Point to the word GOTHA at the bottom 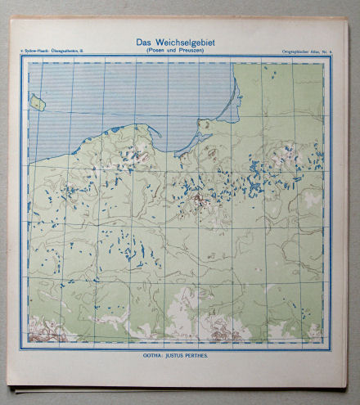[151, 357]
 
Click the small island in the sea [36, 102]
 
